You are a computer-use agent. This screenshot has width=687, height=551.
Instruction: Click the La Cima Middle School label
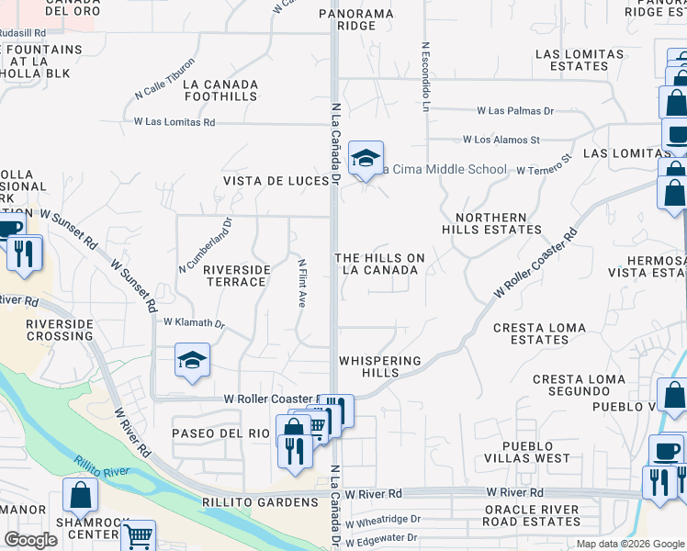[x=445, y=169]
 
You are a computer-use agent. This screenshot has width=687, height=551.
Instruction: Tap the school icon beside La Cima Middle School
[x=366, y=159]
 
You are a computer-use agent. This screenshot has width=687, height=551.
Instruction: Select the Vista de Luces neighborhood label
[x=276, y=182]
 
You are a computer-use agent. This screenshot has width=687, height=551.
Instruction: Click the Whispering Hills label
[x=379, y=366]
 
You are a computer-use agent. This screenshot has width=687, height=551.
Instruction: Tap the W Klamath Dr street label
[x=194, y=323]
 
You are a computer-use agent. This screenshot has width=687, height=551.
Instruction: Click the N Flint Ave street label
[x=300, y=283]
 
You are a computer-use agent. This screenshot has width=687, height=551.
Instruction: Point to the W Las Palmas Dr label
[x=515, y=111]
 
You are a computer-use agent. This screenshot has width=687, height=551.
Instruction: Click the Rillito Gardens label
[x=260, y=501]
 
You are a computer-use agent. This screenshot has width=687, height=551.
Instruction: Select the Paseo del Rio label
[x=220, y=433]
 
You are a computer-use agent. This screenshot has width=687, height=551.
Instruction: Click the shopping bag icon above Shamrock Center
[x=81, y=495]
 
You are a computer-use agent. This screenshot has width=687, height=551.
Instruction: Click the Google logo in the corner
[x=30, y=540]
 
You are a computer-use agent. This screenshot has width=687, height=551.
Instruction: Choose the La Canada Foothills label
[x=220, y=90]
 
